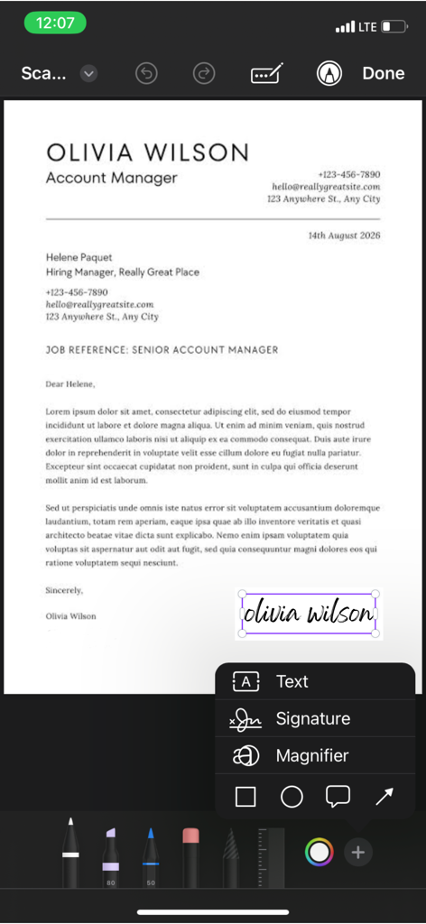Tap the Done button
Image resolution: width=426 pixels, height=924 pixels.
pyautogui.click(x=383, y=74)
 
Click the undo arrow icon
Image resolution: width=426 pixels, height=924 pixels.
pyautogui.click(x=146, y=74)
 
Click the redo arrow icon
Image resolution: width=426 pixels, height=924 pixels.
pyautogui.click(x=205, y=74)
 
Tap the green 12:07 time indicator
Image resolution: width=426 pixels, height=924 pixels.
pyautogui.click(x=55, y=23)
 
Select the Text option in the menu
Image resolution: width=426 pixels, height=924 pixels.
pyautogui.click(x=292, y=682)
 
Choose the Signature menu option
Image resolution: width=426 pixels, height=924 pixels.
pyautogui.click(x=312, y=719)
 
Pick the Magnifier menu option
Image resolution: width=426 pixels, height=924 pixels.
pyautogui.click(x=311, y=756)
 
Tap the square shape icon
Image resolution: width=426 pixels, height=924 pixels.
pyautogui.click(x=245, y=797)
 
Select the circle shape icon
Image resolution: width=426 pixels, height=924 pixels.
pyautogui.click(x=292, y=797)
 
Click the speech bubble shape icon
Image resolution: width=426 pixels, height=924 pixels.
pyautogui.click(x=338, y=797)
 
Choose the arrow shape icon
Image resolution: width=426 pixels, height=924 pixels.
pyautogui.click(x=384, y=797)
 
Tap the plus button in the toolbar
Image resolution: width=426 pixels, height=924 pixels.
pyautogui.click(x=358, y=852)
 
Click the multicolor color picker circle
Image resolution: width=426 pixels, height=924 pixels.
pyautogui.click(x=319, y=852)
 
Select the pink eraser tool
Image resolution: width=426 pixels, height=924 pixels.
pyautogui.click(x=190, y=853)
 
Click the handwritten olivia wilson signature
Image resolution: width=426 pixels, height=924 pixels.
pyautogui.click(x=309, y=614)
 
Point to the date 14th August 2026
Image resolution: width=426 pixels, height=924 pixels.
pyautogui.click(x=344, y=236)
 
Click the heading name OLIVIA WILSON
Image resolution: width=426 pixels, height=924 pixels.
pyautogui.click(x=147, y=152)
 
